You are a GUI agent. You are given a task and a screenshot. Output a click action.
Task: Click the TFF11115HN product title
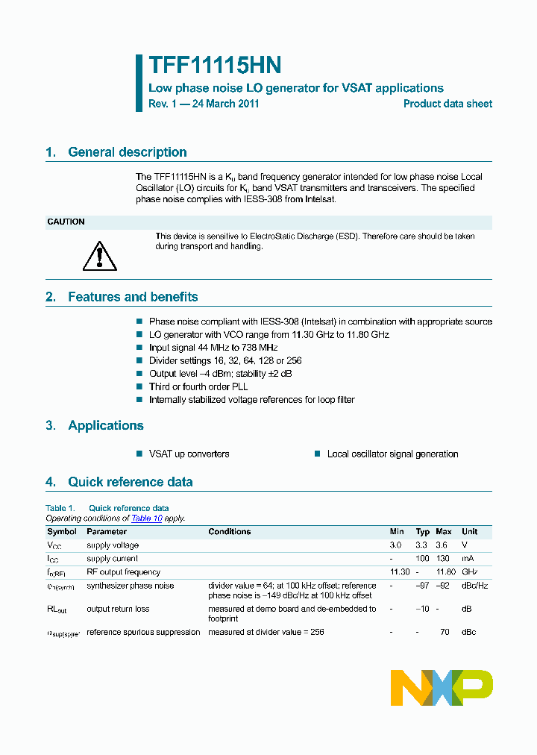(215, 66)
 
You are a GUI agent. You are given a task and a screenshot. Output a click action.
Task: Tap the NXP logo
(442, 688)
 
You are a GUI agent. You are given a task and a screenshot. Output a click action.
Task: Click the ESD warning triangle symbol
(95, 256)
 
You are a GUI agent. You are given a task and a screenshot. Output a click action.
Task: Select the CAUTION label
(66, 222)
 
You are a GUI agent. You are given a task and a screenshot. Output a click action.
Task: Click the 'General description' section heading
(127, 152)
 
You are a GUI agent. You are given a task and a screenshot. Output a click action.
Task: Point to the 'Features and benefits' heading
(133, 297)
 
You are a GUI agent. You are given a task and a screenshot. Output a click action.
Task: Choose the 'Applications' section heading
(105, 426)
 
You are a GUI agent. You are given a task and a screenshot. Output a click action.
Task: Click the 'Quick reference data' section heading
(130, 482)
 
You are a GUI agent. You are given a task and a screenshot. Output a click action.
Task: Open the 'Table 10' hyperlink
(146, 519)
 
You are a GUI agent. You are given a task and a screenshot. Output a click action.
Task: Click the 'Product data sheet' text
(447, 104)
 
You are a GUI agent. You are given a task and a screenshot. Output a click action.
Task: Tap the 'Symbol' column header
(62, 532)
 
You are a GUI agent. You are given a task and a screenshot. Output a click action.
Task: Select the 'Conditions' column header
(230, 532)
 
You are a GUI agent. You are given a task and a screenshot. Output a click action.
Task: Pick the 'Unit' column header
(470, 532)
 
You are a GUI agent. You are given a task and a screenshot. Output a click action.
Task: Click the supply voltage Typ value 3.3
(422, 545)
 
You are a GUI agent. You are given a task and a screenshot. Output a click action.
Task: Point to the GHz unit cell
(470, 572)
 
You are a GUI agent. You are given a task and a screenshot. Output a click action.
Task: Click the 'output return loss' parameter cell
(118, 610)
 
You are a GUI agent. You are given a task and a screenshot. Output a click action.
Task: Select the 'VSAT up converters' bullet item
(189, 454)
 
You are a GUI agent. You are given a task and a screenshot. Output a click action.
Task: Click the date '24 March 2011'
(225, 104)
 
